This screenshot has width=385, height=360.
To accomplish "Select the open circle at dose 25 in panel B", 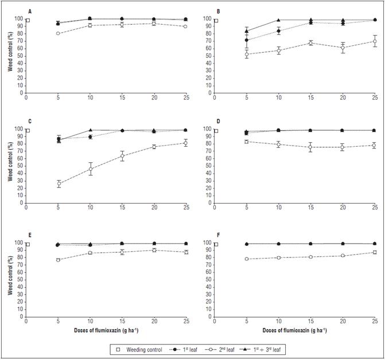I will tap(375, 41).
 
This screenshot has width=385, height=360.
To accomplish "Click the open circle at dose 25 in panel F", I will tap(375, 252).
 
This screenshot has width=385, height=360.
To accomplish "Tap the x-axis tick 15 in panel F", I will tap(311, 322).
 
